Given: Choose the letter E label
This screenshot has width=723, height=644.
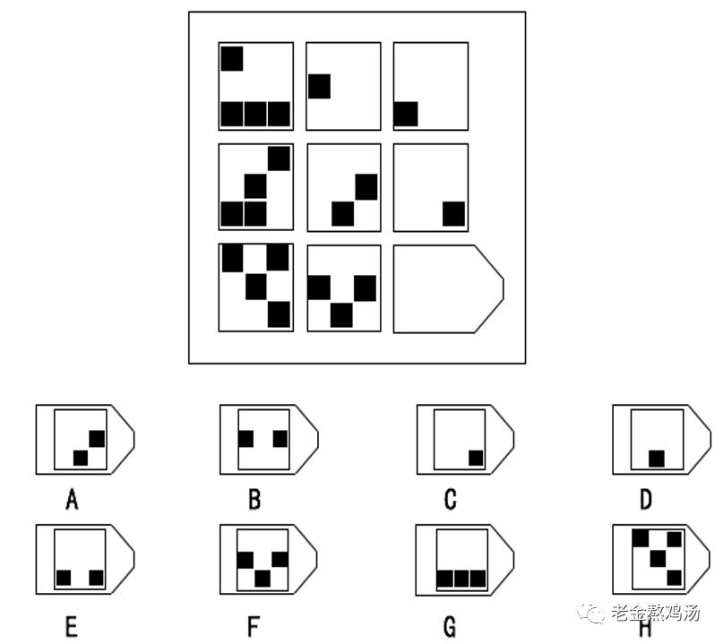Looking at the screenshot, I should click(72, 626).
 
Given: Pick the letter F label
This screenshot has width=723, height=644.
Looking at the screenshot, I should click(255, 626).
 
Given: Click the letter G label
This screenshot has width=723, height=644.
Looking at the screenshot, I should click(451, 626).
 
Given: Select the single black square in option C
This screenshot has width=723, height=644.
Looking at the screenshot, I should click(476, 458).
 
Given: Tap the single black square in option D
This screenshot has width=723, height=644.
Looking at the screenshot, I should click(657, 458).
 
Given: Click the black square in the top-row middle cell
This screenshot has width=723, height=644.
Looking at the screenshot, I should click(320, 87).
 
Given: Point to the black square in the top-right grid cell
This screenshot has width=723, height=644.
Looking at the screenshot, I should click(406, 115).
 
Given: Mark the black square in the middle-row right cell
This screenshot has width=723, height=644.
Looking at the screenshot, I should click(454, 215).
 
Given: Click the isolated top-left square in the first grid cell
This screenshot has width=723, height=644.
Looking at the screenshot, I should click(232, 58).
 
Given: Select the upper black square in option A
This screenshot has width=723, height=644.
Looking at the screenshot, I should click(97, 439).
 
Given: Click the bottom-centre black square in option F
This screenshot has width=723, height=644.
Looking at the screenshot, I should click(262, 579).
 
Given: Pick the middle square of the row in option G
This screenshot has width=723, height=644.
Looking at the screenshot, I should click(461, 579).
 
